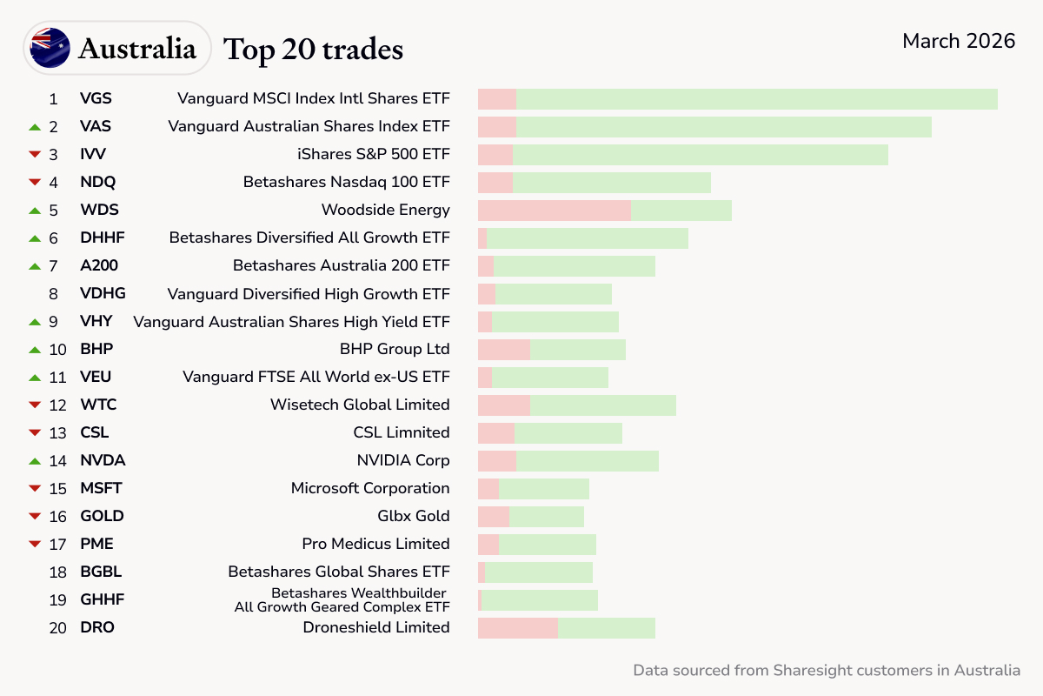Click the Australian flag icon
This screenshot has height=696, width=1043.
tap(50, 48)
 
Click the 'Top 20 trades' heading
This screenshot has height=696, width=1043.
tap(314, 50)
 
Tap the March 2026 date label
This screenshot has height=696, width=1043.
tap(959, 41)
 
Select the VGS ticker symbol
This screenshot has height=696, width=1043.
tap(96, 98)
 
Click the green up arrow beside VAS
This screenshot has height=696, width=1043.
tap(35, 127)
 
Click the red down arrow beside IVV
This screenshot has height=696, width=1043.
tap(35, 155)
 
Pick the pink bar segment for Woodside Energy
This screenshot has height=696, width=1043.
tap(554, 211)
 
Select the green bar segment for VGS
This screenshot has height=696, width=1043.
tap(756, 99)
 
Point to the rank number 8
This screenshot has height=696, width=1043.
tap(54, 294)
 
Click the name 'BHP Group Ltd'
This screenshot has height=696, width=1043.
tap(395, 349)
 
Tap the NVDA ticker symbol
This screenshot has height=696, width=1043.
tap(103, 460)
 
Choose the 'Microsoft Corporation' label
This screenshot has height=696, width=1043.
tap(370, 488)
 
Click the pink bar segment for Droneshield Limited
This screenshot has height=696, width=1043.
tap(517, 628)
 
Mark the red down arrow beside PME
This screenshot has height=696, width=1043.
tap(35, 545)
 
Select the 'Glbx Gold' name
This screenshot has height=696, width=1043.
tap(413, 516)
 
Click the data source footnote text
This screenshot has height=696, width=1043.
tap(826, 670)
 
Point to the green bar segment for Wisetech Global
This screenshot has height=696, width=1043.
tap(602, 405)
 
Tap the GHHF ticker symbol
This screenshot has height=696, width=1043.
tap(102, 599)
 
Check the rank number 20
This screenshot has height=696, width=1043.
tap(57, 627)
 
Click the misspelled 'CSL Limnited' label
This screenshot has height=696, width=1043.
tap(401, 432)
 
